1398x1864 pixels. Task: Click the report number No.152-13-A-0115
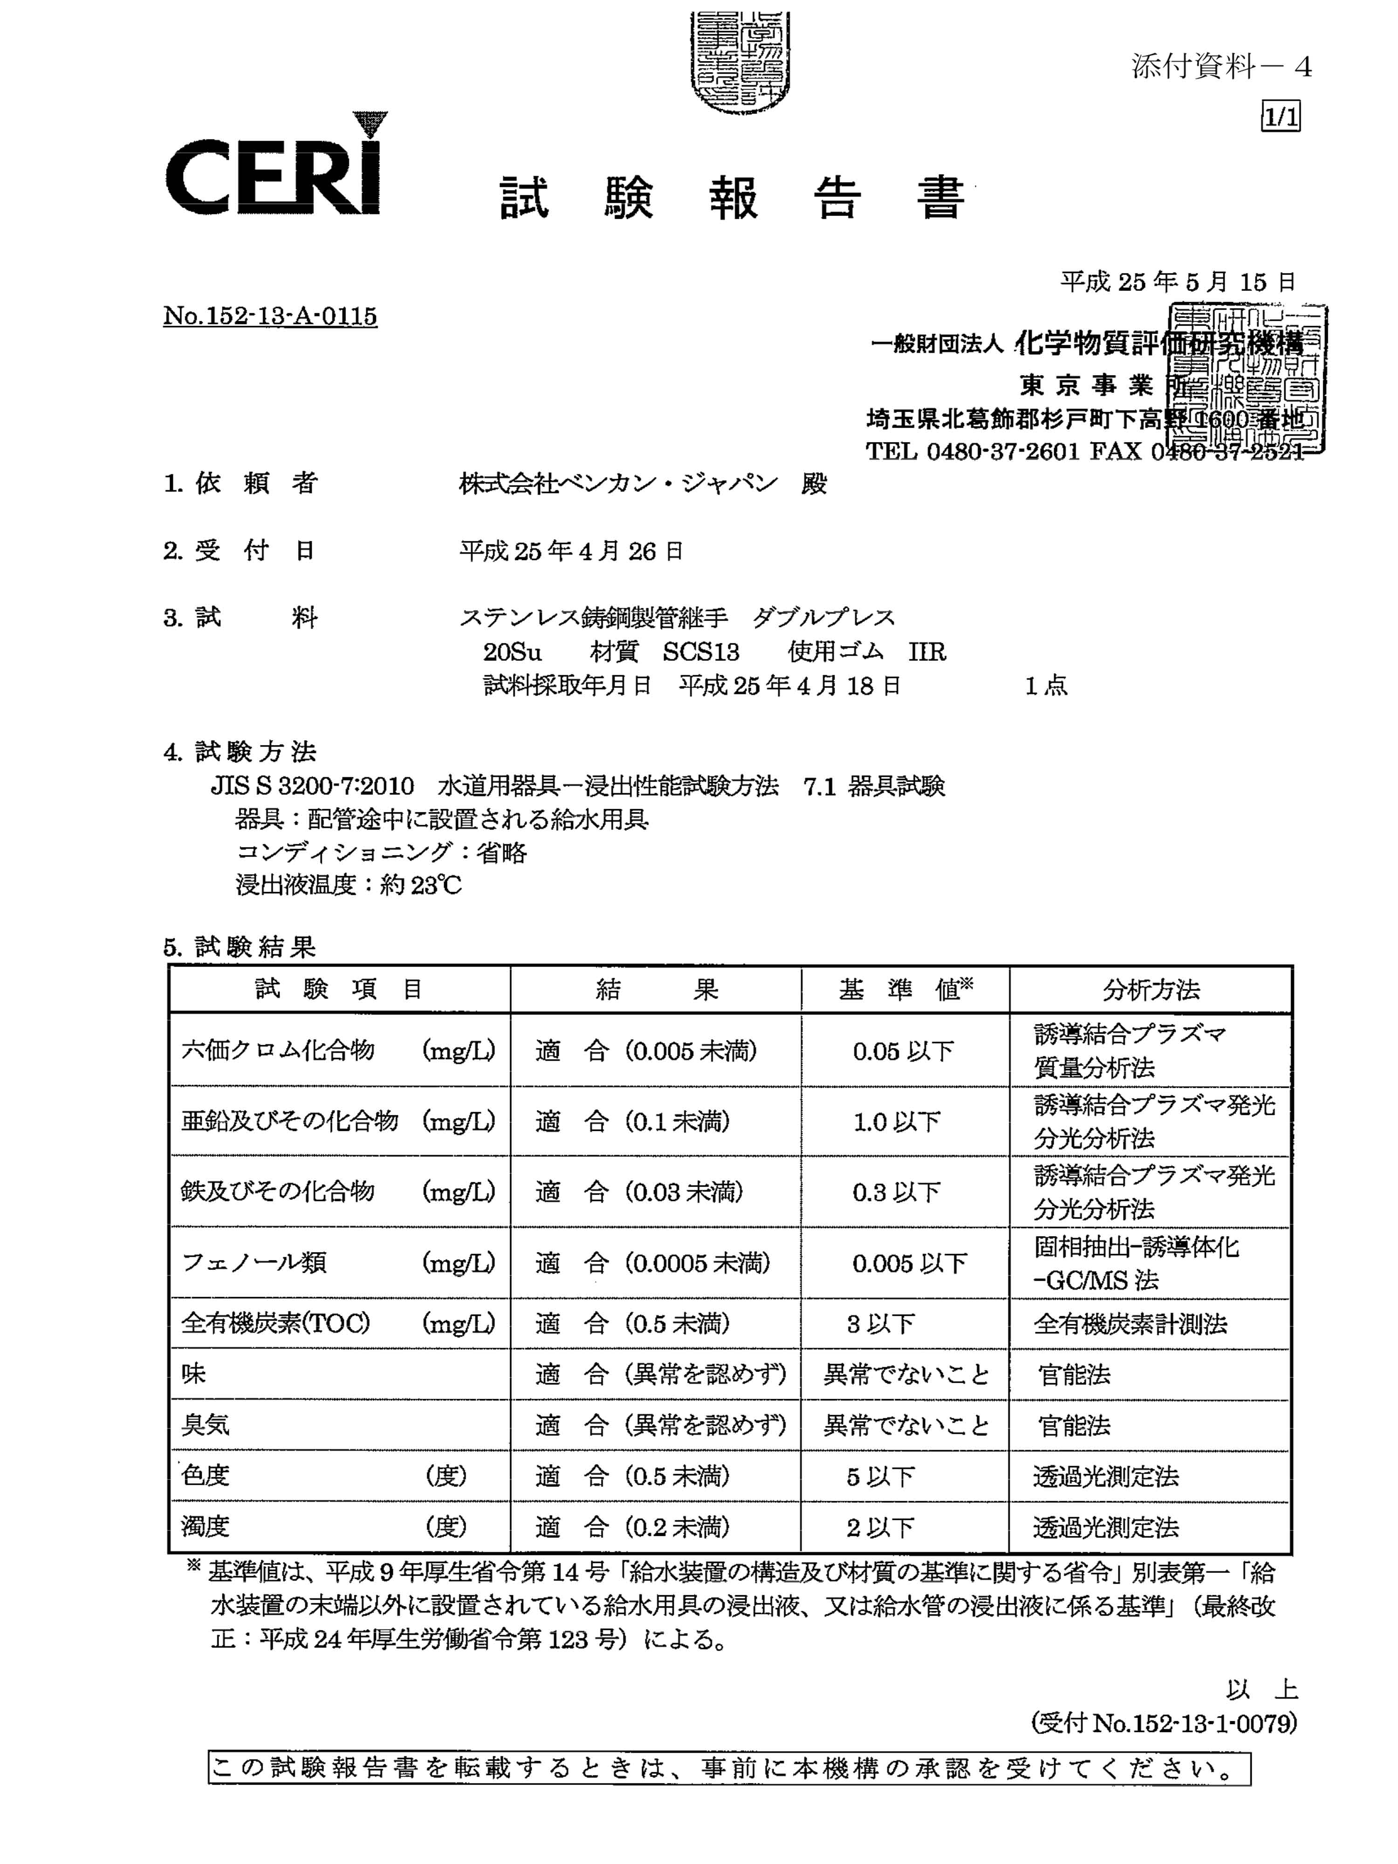click(270, 316)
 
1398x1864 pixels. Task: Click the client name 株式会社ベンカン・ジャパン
click(617, 484)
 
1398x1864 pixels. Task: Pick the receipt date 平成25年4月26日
click(570, 551)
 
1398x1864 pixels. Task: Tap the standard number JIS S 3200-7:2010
click(312, 786)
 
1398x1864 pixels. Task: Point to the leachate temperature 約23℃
click(420, 885)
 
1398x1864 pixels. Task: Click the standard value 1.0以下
click(896, 1122)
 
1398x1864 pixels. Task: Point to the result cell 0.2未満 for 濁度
click(632, 1527)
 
